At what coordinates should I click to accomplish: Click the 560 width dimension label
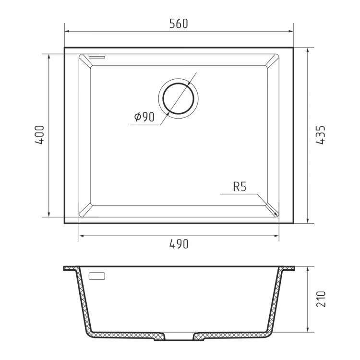click(179, 24)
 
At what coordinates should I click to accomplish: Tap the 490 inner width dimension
click(179, 244)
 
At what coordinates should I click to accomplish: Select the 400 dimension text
click(39, 135)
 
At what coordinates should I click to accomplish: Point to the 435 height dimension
click(321, 135)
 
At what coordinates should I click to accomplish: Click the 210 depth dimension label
click(321, 299)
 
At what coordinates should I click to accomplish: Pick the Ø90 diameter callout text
click(144, 117)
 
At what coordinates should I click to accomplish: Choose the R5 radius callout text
click(240, 187)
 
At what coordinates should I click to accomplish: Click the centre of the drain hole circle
click(178, 98)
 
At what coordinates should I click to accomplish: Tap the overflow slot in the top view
click(96, 57)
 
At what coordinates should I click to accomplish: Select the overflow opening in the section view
click(96, 276)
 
